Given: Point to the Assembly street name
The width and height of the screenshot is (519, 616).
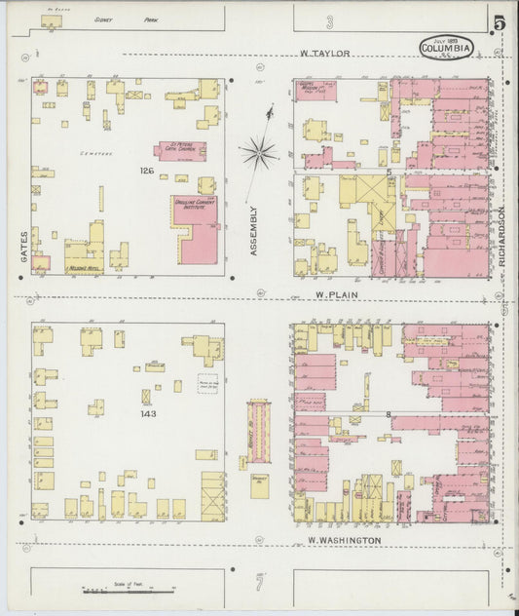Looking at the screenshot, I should tap(254, 231).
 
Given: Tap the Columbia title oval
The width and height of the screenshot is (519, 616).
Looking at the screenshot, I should tap(447, 46).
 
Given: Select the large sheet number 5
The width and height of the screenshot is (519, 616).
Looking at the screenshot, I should tap(499, 23).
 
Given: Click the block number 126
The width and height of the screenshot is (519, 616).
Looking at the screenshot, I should tap(147, 172).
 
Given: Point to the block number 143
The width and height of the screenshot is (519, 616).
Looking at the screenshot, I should tap(149, 413).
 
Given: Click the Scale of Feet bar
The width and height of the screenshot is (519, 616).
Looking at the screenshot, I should tap(107, 590).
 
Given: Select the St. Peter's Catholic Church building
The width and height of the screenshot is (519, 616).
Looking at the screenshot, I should tap(180, 151).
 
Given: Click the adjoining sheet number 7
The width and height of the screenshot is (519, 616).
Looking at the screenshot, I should tap(260, 583).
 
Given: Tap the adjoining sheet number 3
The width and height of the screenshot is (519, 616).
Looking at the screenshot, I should tap(330, 21).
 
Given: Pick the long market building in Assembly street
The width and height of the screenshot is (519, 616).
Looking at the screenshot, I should tap(259, 431).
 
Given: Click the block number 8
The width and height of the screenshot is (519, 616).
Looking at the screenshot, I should tap(389, 415).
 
